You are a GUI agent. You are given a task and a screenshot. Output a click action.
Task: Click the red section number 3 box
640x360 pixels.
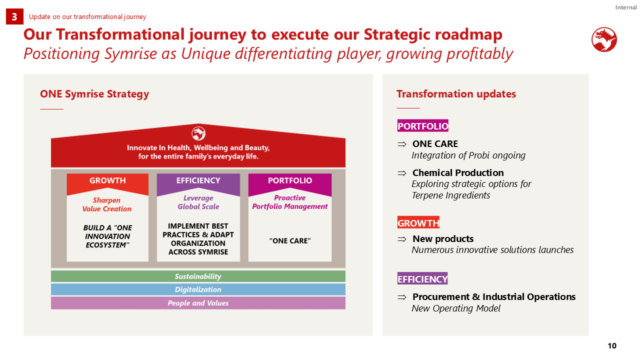(14, 16)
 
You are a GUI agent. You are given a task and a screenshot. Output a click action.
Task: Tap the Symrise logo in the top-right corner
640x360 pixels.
(604, 39)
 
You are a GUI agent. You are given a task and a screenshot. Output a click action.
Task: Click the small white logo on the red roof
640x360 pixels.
(198, 133)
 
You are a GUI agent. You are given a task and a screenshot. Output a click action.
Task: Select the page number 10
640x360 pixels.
(612, 346)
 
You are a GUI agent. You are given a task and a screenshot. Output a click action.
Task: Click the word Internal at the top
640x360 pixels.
(625, 7)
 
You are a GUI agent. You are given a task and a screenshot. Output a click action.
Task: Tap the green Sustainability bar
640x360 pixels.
(198, 276)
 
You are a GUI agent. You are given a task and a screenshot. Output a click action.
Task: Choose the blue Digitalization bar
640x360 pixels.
(198, 289)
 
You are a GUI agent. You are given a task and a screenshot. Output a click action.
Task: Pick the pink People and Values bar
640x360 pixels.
(198, 303)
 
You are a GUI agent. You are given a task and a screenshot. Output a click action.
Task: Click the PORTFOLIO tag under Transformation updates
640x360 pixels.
(422, 125)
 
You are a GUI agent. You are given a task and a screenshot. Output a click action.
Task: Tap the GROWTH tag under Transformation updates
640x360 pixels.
(418, 222)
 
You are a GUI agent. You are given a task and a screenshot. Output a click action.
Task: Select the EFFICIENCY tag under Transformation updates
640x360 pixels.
(422, 278)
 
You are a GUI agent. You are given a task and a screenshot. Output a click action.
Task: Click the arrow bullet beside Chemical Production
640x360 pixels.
(401, 173)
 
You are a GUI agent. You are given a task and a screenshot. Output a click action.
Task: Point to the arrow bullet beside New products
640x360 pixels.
(401, 239)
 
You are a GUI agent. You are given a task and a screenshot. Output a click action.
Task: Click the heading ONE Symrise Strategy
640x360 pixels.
(94, 94)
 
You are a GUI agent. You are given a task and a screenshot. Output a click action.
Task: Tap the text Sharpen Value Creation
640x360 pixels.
(107, 204)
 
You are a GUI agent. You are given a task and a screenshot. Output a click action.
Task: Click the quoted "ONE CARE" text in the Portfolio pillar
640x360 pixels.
(289, 241)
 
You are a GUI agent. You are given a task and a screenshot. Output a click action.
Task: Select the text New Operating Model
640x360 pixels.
(456, 308)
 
